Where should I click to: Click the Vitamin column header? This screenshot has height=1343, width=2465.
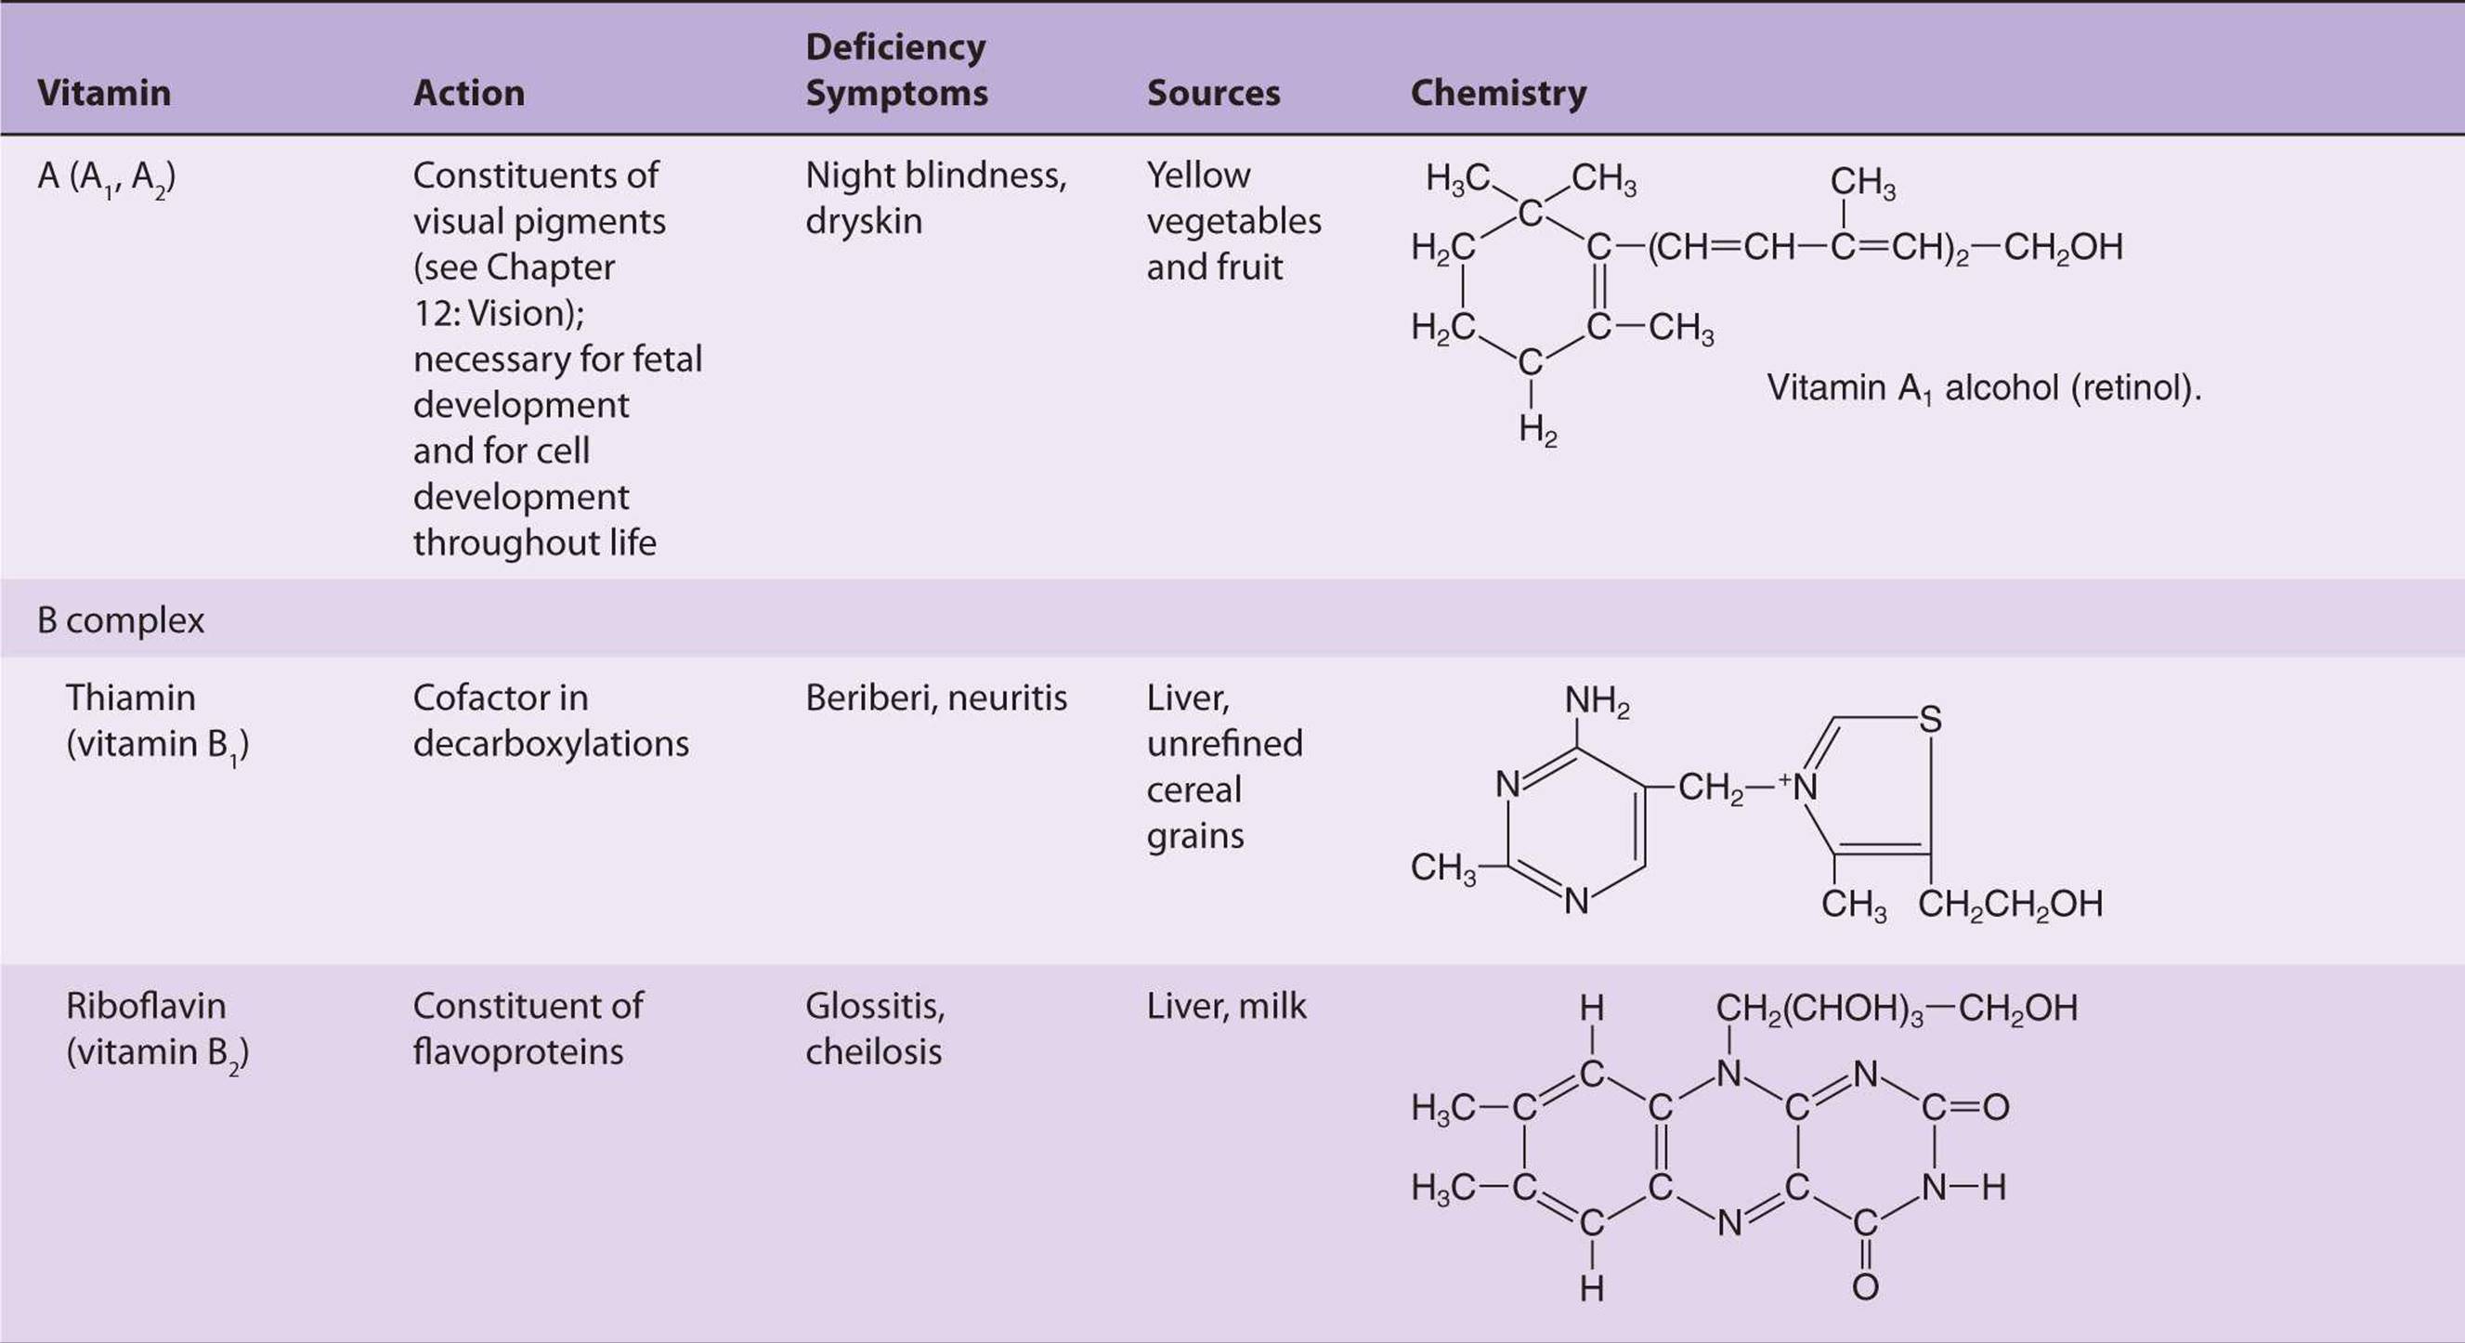tap(103, 93)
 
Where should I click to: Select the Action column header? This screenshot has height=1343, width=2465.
tap(469, 93)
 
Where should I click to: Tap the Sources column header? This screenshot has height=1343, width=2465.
tap(1213, 93)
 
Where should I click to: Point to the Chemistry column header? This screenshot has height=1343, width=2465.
tap(1497, 93)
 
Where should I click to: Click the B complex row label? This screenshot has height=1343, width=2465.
tap(121, 620)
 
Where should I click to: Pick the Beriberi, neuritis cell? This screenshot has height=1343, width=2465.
tap(936, 698)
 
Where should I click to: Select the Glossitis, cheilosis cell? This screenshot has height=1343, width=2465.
tap(875, 1028)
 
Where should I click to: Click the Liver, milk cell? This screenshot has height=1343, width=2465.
tap(1226, 1006)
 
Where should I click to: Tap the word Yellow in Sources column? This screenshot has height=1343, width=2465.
tap(1198, 175)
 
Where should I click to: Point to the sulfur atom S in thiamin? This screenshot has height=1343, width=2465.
tap(1930, 719)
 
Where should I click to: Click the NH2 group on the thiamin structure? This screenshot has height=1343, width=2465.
tap(1597, 701)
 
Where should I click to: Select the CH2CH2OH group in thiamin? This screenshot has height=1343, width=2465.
tap(2010, 904)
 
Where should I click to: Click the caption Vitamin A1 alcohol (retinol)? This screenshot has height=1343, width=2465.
tap(1983, 388)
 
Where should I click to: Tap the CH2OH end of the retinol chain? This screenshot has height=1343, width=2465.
tap(2063, 248)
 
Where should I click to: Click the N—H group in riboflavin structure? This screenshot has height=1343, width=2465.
tap(1963, 1188)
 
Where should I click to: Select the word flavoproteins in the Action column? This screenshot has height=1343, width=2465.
tap(517, 1052)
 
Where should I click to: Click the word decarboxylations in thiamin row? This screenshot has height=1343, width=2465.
tap(550, 744)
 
